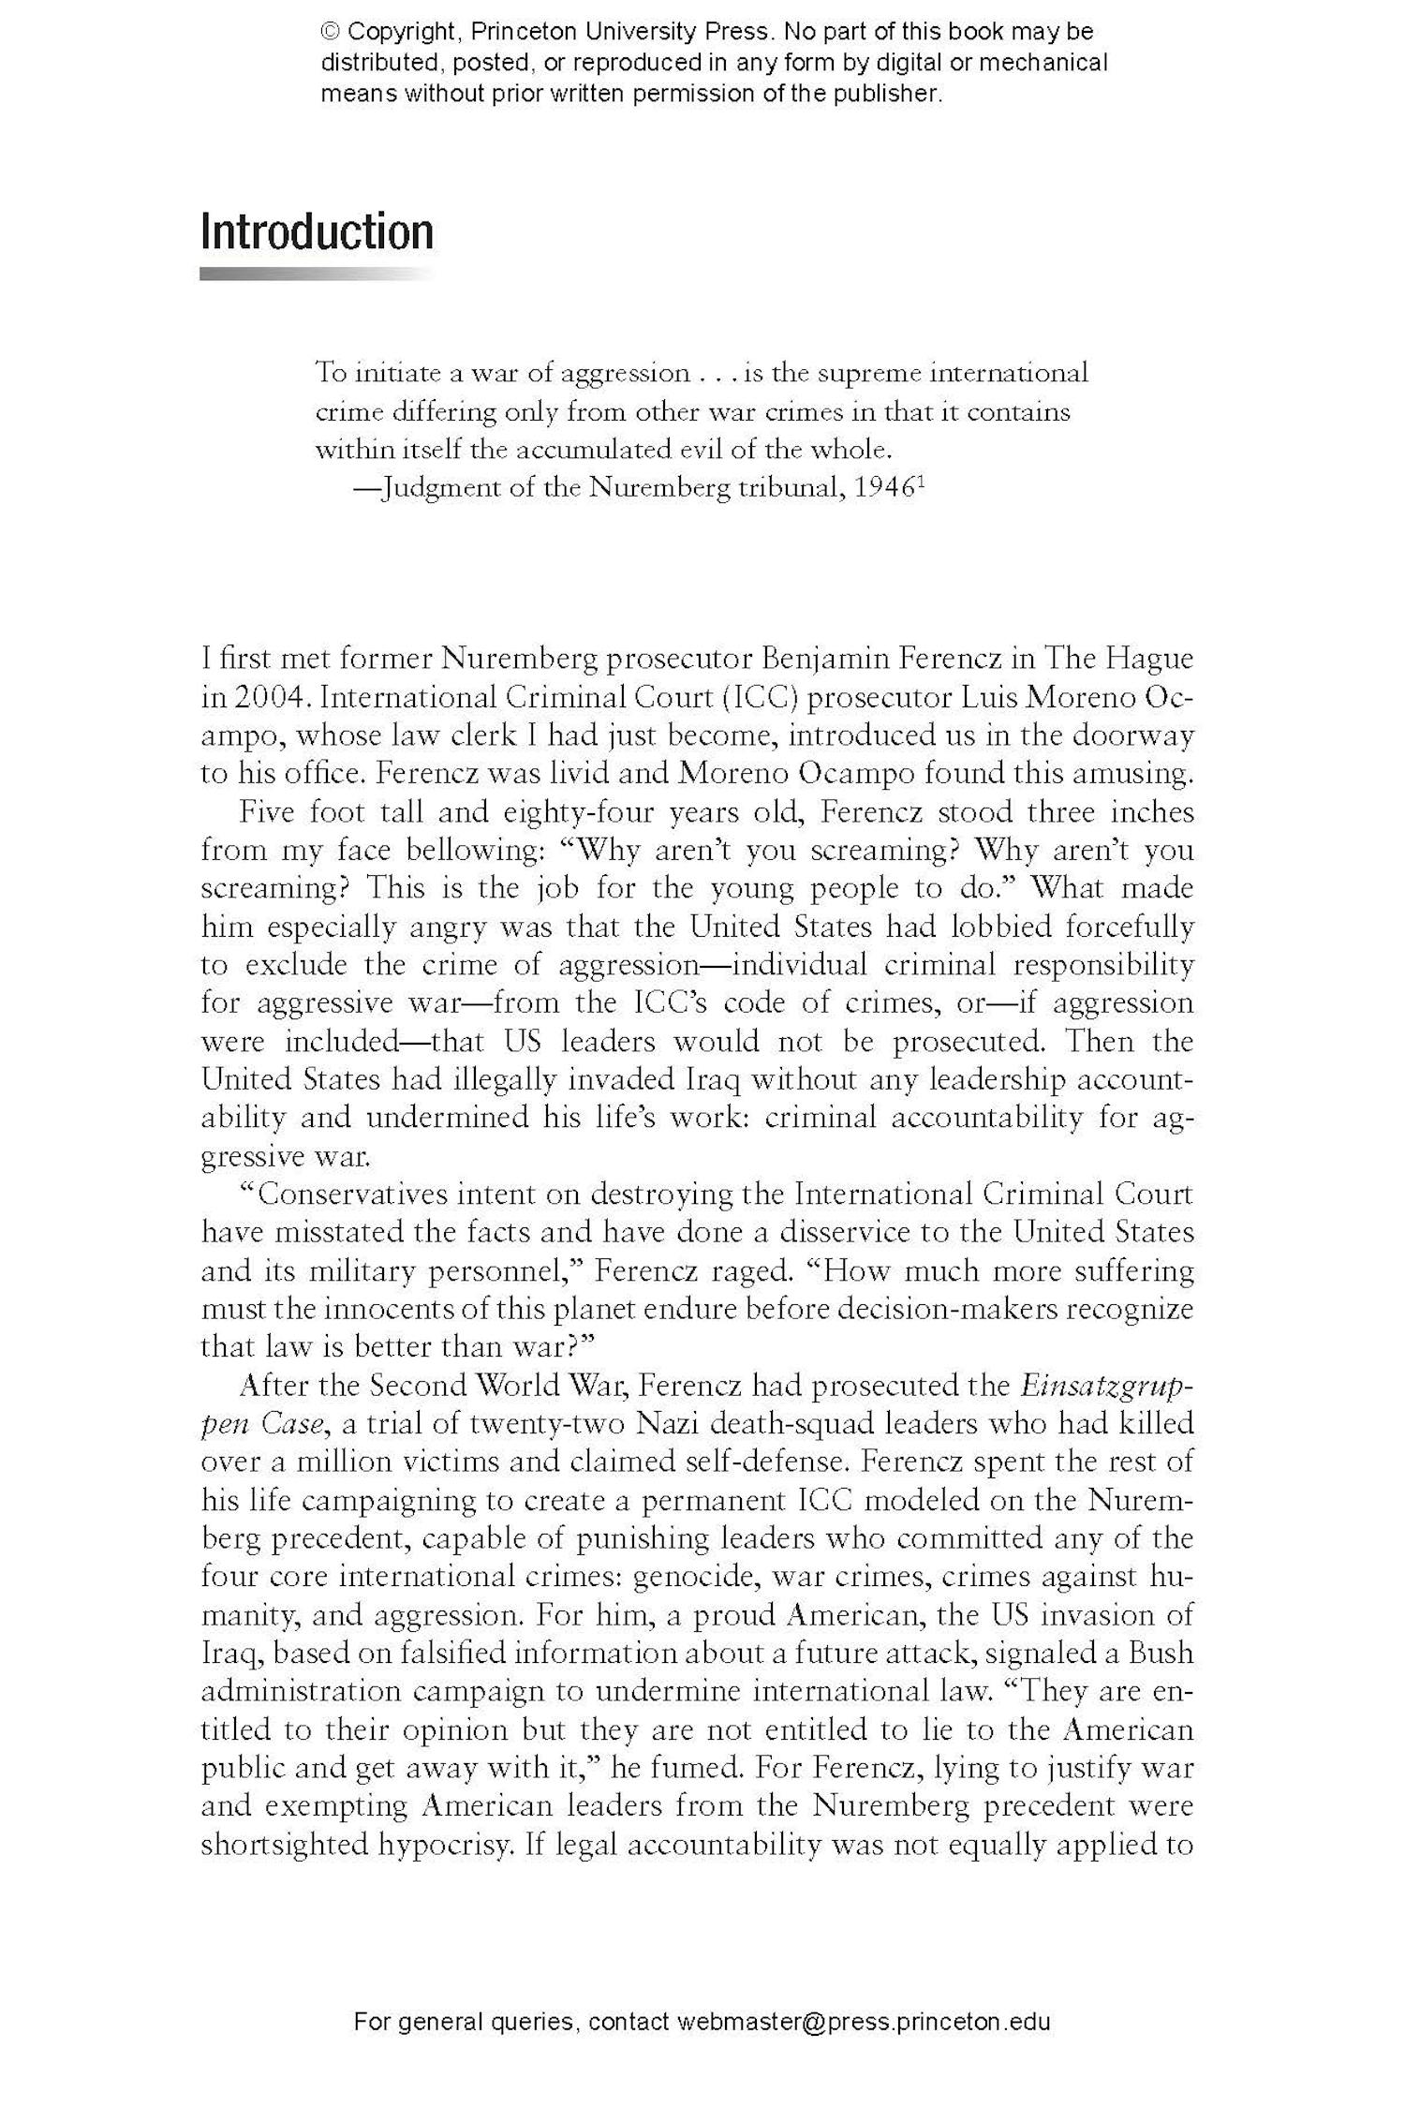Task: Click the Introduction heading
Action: click(317, 232)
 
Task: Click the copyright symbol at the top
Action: click(330, 33)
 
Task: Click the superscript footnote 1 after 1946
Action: click(921, 482)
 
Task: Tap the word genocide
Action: click(693, 1577)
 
